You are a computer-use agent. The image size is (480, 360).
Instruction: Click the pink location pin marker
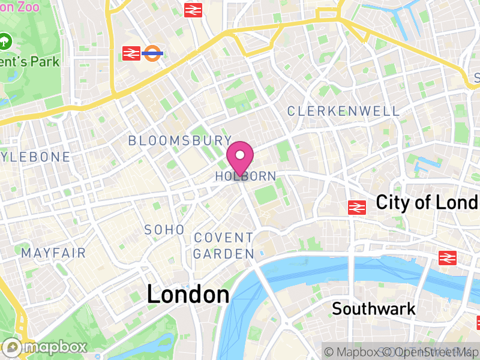coord(240,157)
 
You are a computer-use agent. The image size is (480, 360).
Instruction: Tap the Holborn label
coord(246,176)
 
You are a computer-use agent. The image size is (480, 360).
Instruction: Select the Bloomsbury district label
coord(180,140)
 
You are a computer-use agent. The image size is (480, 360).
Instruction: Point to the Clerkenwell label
coord(343,111)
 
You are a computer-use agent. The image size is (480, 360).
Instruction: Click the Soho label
coord(164,230)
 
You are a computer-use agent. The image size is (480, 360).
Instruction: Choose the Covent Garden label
coord(224,246)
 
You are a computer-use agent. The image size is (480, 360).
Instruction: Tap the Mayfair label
coord(54,253)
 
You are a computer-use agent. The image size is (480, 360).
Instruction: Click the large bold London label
coord(188,295)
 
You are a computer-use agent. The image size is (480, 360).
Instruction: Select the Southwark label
coord(374,309)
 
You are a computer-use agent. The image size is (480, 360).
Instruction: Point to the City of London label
coord(427,203)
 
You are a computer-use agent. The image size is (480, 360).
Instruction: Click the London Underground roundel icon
coord(154,53)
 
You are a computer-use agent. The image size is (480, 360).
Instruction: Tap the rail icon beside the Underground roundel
coord(131,53)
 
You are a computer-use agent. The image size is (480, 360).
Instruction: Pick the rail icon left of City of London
coord(357,208)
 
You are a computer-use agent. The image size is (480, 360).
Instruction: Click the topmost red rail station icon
coord(192,10)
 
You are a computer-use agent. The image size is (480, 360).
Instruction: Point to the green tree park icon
coord(5,41)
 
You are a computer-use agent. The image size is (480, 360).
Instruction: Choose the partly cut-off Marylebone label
coord(35,157)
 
